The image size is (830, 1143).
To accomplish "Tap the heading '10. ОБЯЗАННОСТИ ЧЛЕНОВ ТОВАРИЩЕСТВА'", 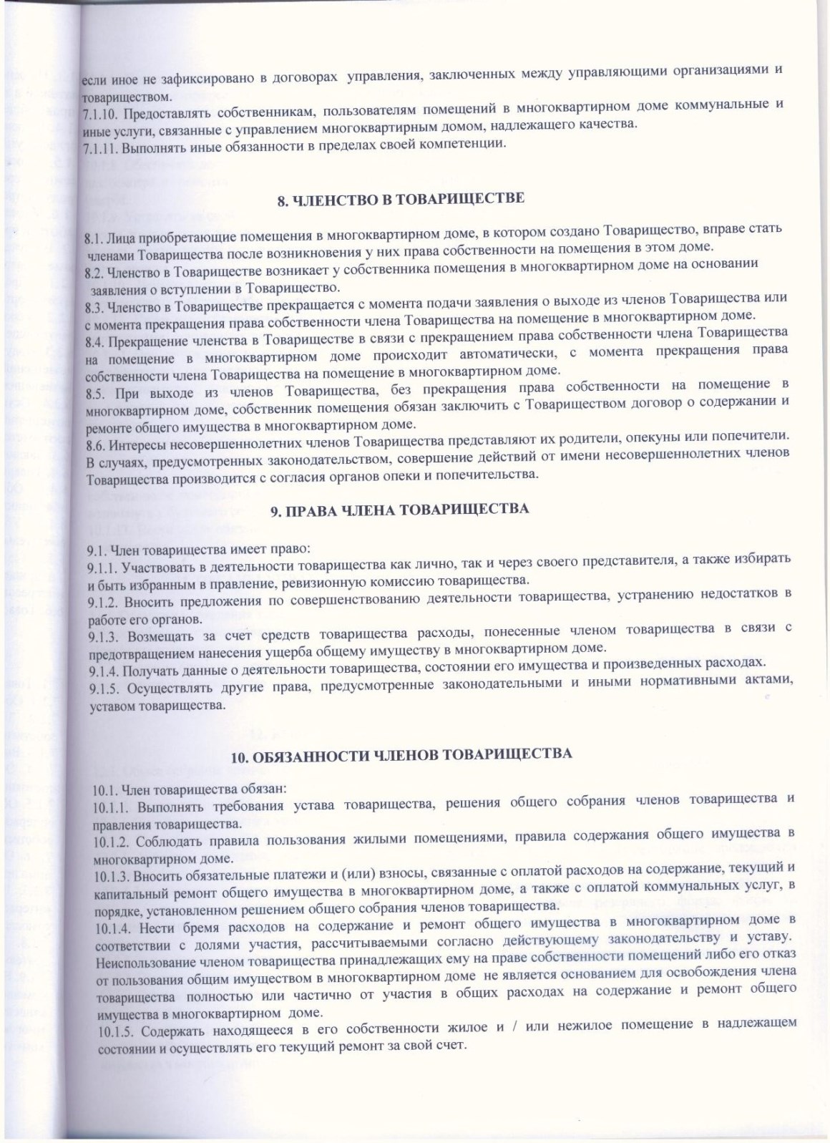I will pos(401,756).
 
